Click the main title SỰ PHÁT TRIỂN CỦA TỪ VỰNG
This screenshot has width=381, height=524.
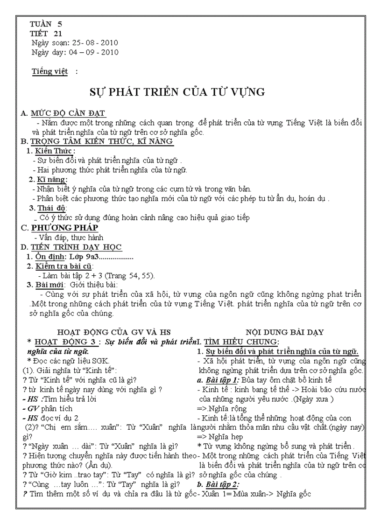(177, 92)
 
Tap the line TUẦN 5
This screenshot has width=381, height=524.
(46, 24)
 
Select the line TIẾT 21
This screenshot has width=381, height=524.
(46, 33)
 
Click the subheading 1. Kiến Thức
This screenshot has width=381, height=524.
(50, 151)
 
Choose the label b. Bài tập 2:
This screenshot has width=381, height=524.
(218, 484)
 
